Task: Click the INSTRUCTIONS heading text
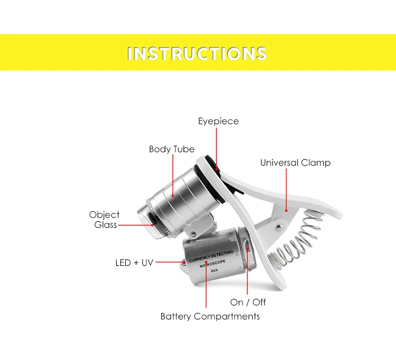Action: point(197,54)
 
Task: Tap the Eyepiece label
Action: point(218,121)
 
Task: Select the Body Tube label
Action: point(171,149)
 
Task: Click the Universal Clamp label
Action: point(295,163)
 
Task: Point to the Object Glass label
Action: point(104,220)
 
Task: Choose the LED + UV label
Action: point(133,262)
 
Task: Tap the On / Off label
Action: point(248,302)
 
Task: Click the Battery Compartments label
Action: point(210,316)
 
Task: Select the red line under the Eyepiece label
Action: point(217,145)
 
